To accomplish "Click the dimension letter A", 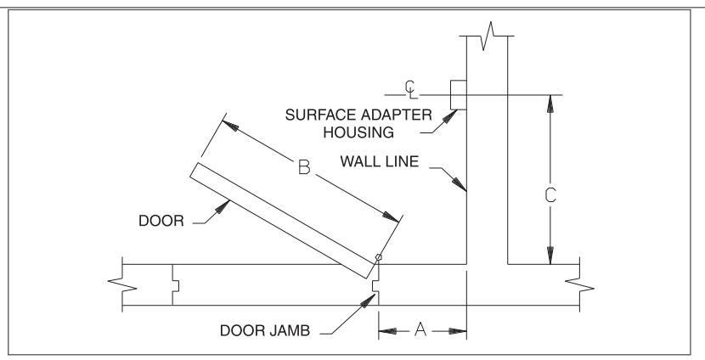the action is tap(420, 330).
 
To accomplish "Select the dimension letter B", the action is tap(304, 167).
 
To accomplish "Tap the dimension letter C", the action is tap(550, 195).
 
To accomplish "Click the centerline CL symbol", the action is tap(411, 89).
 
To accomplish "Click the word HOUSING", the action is tap(358, 132).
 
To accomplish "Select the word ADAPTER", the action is tap(397, 115).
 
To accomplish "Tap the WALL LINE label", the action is tap(380, 161).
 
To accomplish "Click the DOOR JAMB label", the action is tap(265, 331).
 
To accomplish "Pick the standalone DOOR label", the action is tap(161, 221).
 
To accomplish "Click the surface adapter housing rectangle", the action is tap(458, 95).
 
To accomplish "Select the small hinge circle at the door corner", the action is tap(379, 257).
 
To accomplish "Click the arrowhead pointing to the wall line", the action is tap(460, 184).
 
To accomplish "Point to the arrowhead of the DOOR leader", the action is tap(222, 206).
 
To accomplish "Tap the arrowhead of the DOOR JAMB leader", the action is tap(368, 301).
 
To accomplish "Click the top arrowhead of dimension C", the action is tap(550, 104).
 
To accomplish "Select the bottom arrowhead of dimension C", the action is tap(550, 256).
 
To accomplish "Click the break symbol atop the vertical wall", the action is tap(487, 36).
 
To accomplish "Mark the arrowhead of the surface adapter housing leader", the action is tap(449, 116).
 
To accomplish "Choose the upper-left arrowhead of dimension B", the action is tap(230, 126).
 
